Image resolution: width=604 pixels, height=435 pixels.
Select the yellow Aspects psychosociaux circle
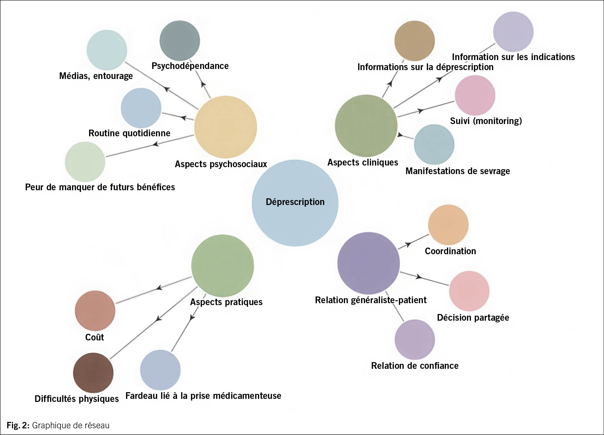225,127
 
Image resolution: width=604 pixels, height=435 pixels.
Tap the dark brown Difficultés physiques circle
93,373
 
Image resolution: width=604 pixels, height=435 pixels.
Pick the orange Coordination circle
448,225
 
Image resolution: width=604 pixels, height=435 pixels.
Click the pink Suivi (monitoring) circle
475,95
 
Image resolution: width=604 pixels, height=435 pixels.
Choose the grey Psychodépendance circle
180,41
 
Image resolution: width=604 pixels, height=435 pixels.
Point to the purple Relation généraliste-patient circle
368,263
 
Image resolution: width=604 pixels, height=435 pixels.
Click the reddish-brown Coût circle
95,311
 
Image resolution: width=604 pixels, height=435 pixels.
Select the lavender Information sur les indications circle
513,32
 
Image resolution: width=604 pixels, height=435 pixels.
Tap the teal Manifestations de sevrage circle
434,144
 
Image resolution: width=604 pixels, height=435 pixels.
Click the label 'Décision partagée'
473,318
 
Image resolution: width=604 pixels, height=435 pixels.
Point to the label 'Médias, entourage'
96,76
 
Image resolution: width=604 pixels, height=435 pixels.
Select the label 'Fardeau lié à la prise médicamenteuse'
203,396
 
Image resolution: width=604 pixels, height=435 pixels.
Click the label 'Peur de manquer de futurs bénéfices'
100,187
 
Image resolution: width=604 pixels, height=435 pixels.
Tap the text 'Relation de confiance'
415,366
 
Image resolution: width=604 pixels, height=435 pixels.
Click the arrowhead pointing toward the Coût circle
159,288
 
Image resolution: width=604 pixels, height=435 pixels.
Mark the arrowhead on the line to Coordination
408,244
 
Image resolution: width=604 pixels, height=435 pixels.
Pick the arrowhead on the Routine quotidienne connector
183,118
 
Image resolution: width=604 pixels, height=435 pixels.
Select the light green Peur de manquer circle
85,162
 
